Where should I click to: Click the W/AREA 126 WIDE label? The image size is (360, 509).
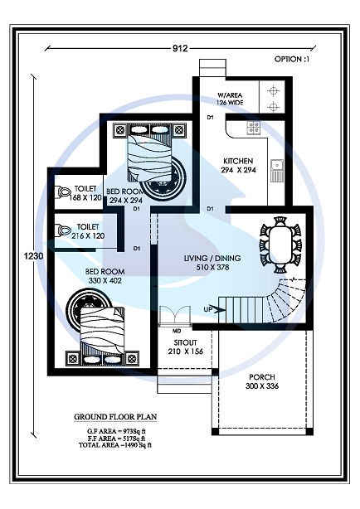click(232, 99)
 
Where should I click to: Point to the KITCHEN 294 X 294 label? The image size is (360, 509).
click(243, 165)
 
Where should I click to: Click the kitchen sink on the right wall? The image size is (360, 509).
click(280, 170)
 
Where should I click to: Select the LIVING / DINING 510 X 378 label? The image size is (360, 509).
click(212, 263)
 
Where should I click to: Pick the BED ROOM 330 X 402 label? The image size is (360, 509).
click(105, 276)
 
